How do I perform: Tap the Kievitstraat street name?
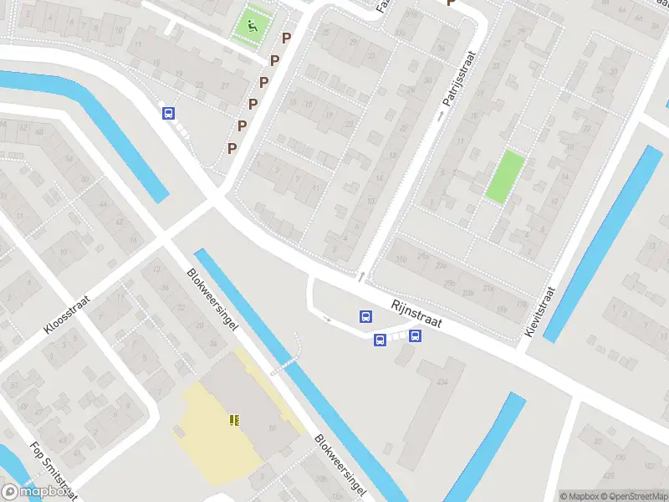coord(540,312)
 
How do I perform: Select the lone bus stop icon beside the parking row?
coord(168,113)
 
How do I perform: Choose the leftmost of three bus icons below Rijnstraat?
coord(365,316)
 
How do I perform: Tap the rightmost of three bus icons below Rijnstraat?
coord(415,336)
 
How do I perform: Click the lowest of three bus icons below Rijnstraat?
coord(380,340)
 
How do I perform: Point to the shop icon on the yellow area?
coord(234,419)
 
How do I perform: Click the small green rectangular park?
coord(506,177)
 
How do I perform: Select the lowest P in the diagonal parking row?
coord(232,148)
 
